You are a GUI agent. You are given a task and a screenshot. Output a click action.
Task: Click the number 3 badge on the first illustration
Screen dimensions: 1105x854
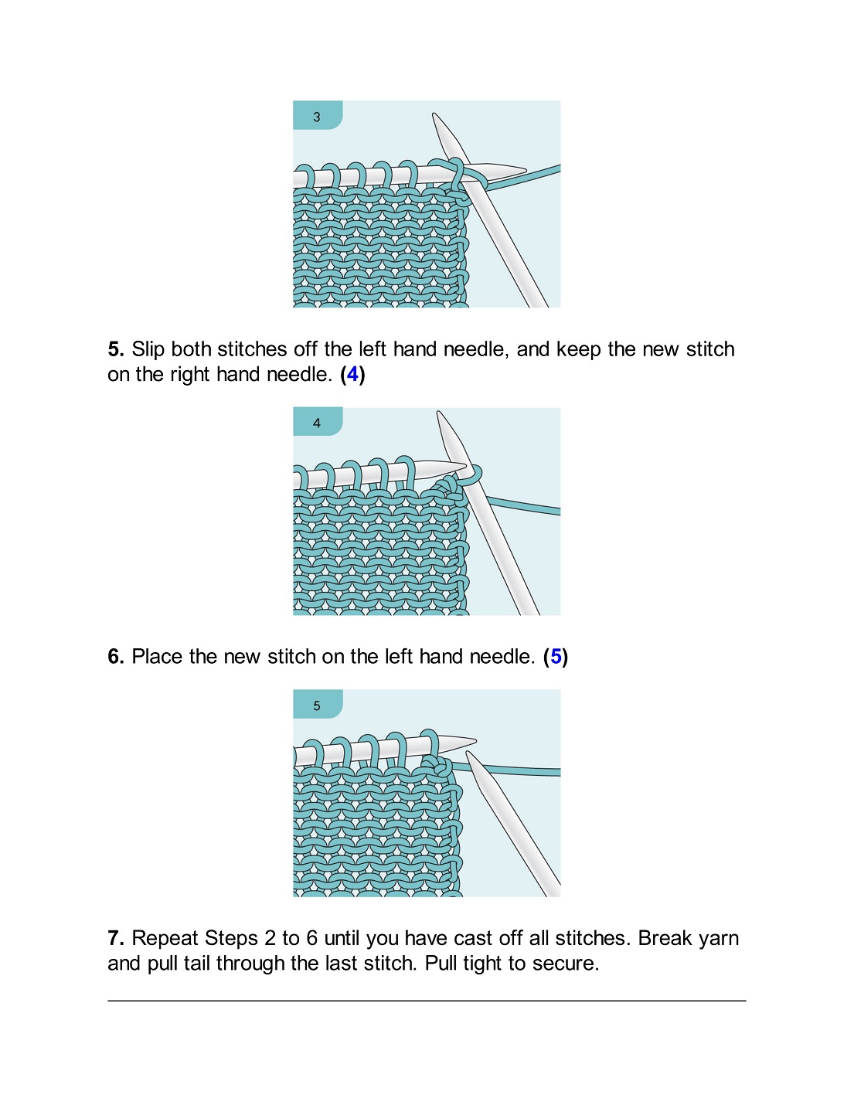(317, 117)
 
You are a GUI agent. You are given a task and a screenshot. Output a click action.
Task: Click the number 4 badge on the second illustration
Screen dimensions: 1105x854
(317, 423)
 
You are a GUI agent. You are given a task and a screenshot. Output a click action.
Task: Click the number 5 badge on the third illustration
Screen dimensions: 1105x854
(317, 705)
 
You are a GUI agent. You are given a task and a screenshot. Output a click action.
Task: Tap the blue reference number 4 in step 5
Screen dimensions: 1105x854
(352, 375)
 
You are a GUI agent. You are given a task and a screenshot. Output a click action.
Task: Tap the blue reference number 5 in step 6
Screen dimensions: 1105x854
(556, 657)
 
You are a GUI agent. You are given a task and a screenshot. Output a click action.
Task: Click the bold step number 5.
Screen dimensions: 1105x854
(116, 349)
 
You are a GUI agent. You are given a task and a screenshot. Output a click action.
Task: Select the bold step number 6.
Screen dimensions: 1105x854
(116, 657)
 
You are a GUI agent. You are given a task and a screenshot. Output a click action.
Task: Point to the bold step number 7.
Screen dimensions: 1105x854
(116, 938)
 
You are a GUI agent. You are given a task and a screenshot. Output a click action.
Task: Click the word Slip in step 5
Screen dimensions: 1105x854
(148, 349)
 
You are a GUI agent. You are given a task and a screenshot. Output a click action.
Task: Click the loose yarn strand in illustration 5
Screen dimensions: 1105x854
(518, 770)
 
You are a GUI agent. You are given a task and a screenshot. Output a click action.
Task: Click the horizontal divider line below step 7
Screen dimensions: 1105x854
(427, 1001)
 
